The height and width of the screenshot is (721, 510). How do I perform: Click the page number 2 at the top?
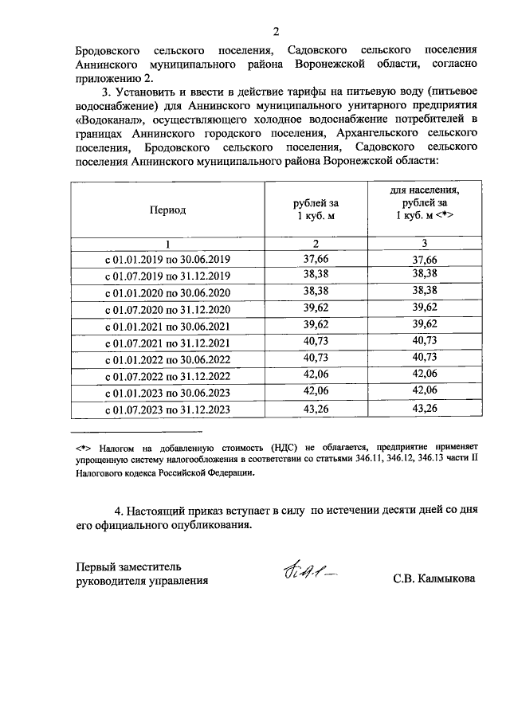click(x=276, y=32)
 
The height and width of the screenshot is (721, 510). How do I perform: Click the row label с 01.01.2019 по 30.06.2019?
click(x=167, y=260)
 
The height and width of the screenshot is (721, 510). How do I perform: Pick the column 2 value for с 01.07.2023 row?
click(x=315, y=409)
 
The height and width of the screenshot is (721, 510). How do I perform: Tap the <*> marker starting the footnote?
click(x=81, y=449)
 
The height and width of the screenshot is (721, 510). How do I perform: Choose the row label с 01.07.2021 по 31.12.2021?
click(x=167, y=343)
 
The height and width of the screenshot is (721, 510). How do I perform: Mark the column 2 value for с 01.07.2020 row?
click(x=315, y=309)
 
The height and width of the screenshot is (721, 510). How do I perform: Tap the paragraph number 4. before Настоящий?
click(x=120, y=509)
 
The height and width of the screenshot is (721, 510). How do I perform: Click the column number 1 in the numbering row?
click(x=167, y=243)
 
